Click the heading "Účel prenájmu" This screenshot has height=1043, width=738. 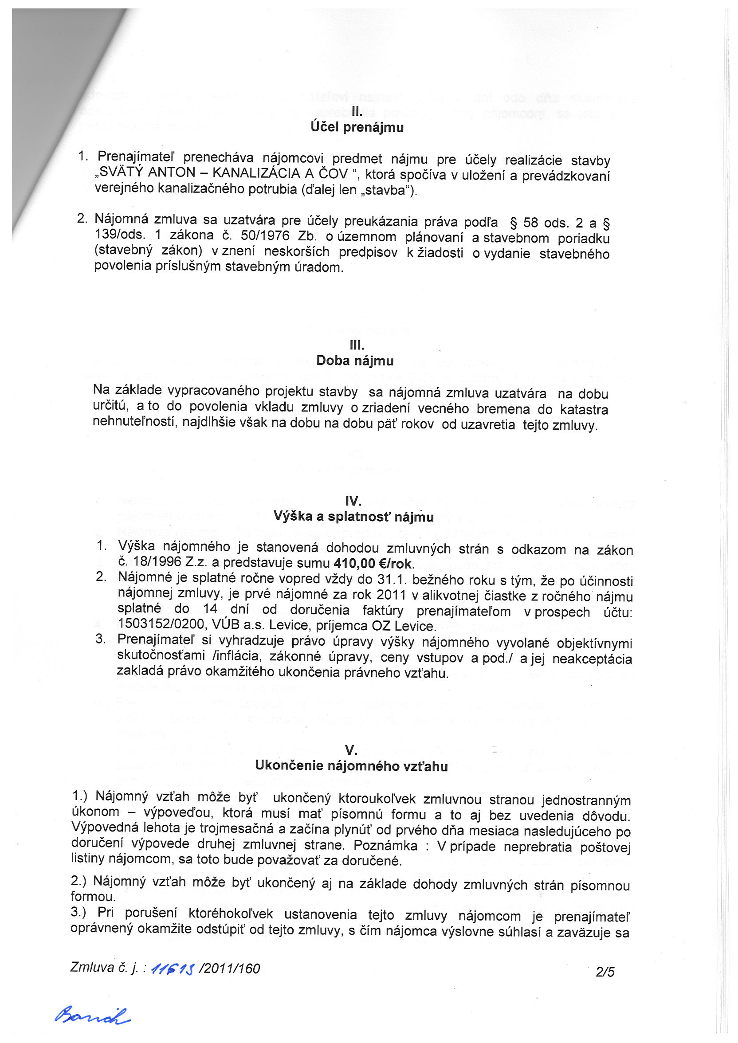[357, 127]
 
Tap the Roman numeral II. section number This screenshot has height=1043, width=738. [357, 112]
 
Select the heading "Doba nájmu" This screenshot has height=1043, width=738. [355, 361]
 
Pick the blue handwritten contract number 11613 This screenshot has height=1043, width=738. [173, 969]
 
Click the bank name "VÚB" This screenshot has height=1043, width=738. [223, 626]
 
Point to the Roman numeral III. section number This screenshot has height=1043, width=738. [357, 345]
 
